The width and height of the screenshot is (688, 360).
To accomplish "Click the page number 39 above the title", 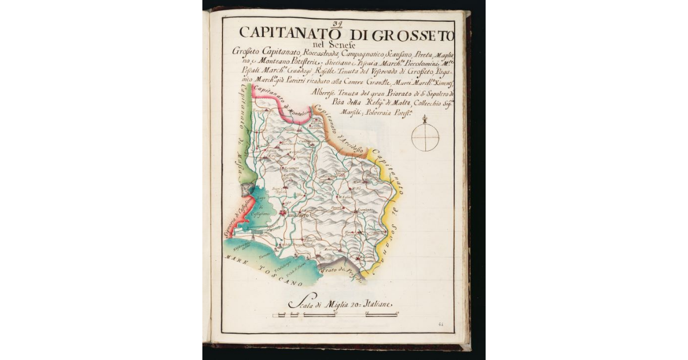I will (x=337, y=24).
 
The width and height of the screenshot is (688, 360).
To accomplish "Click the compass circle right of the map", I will (x=425, y=138).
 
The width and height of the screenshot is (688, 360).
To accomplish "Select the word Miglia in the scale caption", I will (x=338, y=304).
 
